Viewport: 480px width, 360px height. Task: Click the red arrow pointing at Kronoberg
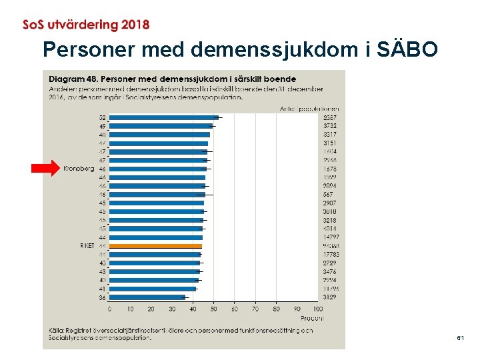[x=46, y=169]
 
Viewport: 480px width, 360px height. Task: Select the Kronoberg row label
[x=79, y=169]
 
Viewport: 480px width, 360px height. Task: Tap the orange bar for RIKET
[x=155, y=246]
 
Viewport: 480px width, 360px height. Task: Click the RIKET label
[x=87, y=246]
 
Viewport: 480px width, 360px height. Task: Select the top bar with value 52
[x=163, y=117]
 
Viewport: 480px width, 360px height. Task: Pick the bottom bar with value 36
[x=147, y=297]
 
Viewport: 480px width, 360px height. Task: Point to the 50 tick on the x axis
[x=213, y=309]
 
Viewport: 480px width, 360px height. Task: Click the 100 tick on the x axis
[x=317, y=309]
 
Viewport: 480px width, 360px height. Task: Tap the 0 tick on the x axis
[x=110, y=309]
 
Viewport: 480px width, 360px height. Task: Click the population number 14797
[x=329, y=237]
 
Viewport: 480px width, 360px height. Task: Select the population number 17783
[x=329, y=255]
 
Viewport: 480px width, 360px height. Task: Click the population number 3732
[x=329, y=126]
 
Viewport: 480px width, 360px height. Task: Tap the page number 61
[x=461, y=339]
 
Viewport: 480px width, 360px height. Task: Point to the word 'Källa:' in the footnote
[x=57, y=329]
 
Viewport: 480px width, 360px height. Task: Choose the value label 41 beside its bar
[x=102, y=289]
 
